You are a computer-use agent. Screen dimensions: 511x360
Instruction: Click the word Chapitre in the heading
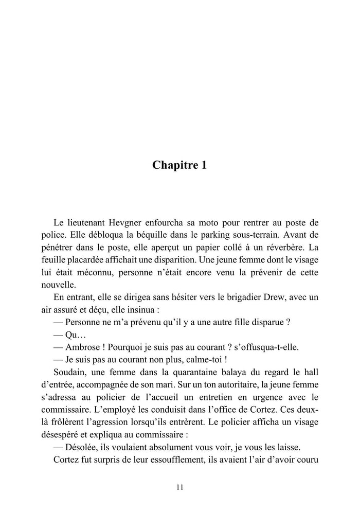[173, 165]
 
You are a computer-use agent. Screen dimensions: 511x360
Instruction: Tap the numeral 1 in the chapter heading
[204, 165]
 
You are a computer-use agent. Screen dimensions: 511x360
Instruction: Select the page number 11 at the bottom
[179, 487]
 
